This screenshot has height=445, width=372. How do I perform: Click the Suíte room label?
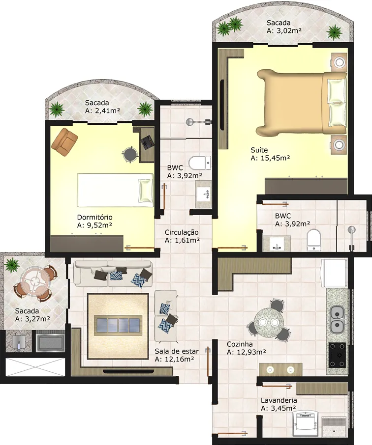(x=259, y=150)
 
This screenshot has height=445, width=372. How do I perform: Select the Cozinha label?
(x=240, y=344)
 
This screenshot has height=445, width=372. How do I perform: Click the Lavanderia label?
(x=279, y=400)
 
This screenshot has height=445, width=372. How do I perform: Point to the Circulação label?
(x=182, y=232)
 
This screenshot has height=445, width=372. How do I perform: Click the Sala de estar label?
(x=177, y=351)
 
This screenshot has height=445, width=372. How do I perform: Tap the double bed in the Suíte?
(x=302, y=102)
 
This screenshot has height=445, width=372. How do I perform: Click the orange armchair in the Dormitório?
(x=64, y=142)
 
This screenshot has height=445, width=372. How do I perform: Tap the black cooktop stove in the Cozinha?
(x=337, y=355)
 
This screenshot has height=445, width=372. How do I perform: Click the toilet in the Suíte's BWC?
(x=314, y=240)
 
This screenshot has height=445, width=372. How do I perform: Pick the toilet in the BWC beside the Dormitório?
(x=200, y=163)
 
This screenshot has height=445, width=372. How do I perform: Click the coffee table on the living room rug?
(x=119, y=325)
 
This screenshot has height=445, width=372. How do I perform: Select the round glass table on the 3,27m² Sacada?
(x=35, y=281)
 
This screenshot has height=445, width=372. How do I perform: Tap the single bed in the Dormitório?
(x=115, y=190)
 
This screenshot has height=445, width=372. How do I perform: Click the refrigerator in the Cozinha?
(x=334, y=273)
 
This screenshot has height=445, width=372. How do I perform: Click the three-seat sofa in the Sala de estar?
(x=113, y=273)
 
